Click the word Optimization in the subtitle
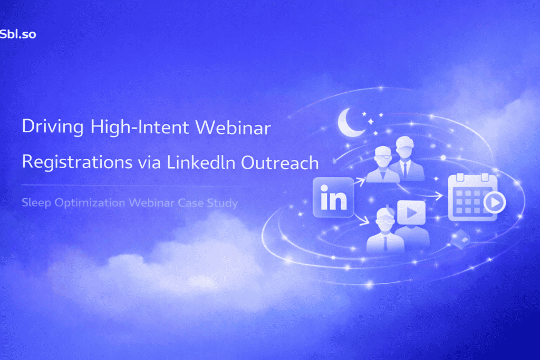tap(84, 202)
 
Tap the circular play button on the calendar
tap(495, 202)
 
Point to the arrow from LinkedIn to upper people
tap(360, 182)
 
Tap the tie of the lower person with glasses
tap(385, 242)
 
